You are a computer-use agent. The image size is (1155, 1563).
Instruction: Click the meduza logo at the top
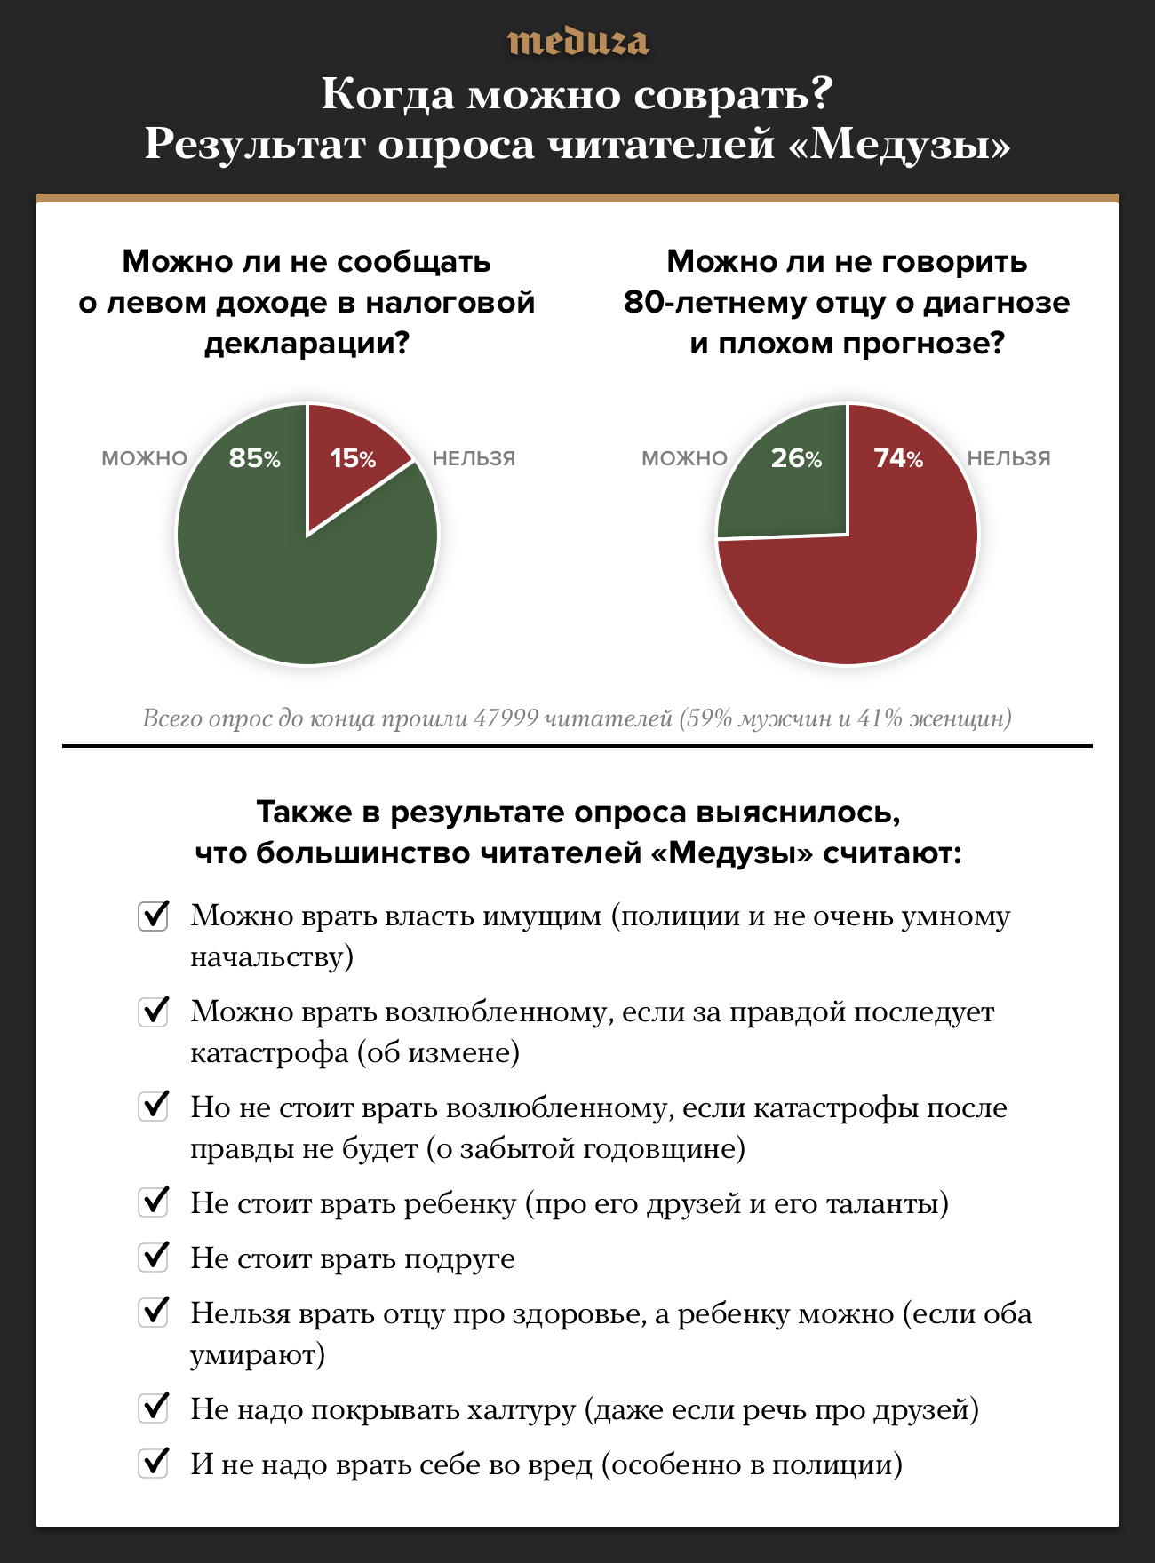click(577, 42)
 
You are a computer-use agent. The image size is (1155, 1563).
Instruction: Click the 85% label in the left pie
click(254, 458)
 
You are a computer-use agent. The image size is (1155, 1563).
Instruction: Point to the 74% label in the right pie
click(898, 458)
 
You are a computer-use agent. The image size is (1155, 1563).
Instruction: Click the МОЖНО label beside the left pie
click(144, 459)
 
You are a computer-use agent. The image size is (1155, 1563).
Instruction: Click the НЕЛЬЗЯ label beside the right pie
click(1008, 459)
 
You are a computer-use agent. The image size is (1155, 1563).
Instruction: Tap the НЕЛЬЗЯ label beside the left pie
click(474, 459)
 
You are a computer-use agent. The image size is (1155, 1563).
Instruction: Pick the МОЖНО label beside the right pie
click(684, 459)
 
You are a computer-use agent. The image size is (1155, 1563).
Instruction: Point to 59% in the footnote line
click(708, 718)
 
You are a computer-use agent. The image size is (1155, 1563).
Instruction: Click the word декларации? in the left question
click(307, 344)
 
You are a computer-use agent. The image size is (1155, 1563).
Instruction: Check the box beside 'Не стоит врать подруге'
click(154, 1257)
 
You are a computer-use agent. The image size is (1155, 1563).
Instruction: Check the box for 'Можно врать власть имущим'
click(154, 915)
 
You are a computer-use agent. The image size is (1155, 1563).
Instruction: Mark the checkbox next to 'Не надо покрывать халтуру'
click(154, 1408)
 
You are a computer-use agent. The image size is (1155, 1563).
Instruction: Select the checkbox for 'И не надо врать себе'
click(154, 1463)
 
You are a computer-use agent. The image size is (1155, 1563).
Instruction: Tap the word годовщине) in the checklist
click(664, 1149)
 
